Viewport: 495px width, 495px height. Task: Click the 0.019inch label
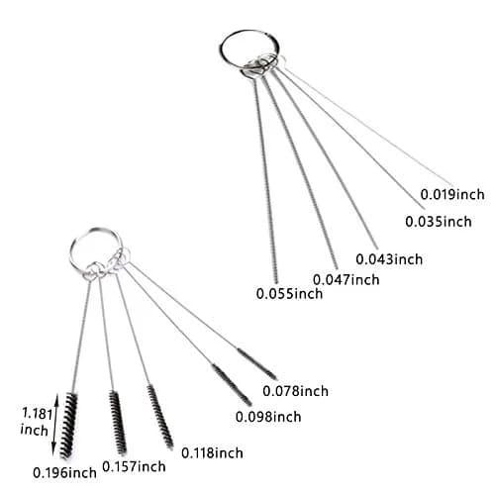(x=452, y=194)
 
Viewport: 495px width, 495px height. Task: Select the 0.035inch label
(x=439, y=222)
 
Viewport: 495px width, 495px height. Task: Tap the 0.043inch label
(x=389, y=259)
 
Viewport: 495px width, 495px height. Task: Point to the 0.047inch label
(x=346, y=280)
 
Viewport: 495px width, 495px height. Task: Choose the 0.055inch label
(x=289, y=293)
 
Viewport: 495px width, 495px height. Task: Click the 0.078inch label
(x=295, y=391)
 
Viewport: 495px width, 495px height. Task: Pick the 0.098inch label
(x=268, y=417)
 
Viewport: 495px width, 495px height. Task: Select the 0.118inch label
(x=212, y=452)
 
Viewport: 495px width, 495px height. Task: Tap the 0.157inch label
(x=134, y=466)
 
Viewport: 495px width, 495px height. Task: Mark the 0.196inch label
(x=64, y=473)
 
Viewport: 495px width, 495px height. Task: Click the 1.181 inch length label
(x=36, y=422)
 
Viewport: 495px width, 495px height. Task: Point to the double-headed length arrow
(x=54, y=426)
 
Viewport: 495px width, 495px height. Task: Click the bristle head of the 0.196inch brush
(x=68, y=426)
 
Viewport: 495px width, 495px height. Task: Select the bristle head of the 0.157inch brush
(x=118, y=423)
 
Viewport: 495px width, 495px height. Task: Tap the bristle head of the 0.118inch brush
(x=160, y=417)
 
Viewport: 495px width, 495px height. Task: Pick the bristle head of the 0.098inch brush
(x=232, y=385)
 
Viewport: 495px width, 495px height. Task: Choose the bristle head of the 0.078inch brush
(x=257, y=364)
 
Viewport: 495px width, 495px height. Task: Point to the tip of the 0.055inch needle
(x=276, y=283)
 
